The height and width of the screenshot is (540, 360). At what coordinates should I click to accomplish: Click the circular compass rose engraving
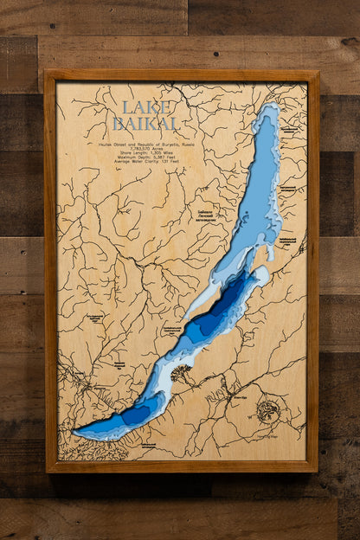point(268,411)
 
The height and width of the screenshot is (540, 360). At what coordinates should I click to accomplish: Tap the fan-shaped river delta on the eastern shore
point(182,374)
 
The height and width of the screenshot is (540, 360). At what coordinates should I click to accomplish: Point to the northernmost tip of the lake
point(270,107)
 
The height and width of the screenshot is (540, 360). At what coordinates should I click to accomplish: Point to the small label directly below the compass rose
point(270,438)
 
